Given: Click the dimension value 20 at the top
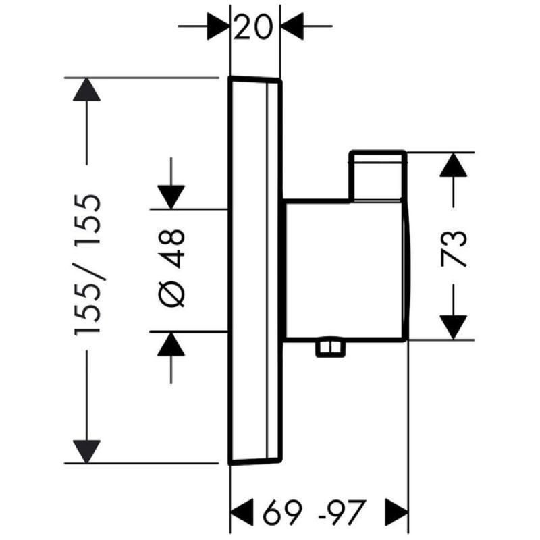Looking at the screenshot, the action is (253, 26).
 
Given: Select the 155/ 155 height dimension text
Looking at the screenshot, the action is (88, 265).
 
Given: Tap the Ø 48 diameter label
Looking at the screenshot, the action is (171, 268).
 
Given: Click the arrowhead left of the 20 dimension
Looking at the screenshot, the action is (218, 26).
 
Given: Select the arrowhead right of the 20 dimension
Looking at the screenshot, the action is (292, 26).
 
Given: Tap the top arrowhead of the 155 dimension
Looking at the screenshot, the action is (86, 90).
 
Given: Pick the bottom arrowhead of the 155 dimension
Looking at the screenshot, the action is (86, 452).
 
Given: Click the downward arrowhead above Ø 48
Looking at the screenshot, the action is (171, 197).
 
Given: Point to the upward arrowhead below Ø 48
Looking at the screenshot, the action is (171, 344).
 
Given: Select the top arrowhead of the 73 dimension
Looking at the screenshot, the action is (453, 165).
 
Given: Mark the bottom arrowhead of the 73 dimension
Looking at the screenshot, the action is (453, 327).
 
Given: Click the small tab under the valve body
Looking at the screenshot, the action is (330, 348).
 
